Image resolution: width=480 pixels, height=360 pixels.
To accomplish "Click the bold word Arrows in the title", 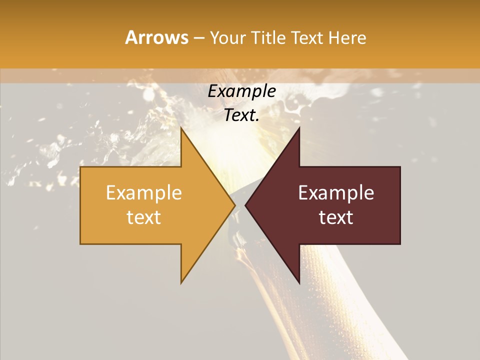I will (x=156, y=37).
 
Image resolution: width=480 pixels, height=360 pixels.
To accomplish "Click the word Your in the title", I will (x=227, y=37).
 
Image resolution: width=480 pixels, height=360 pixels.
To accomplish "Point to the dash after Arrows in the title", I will (x=198, y=38).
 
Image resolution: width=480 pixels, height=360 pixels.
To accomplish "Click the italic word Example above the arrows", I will (x=241, y=91).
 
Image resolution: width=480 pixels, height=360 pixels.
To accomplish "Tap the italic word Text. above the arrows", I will (x=241, y=115).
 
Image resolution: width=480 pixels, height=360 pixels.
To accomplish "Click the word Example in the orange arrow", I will (x=143, y=193).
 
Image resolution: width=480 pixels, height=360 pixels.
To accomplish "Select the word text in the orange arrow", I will (x=143, y=217).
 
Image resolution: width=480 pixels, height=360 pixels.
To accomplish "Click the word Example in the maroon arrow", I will (x=336, y=193).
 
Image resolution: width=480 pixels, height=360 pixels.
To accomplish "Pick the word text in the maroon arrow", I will (x=336, y=217).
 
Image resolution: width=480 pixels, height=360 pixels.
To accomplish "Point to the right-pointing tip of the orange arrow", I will (x=235, y=205).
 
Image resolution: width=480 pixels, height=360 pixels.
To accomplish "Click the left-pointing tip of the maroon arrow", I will (x=245, y=205).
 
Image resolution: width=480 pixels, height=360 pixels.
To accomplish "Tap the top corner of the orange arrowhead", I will (x=181, y=127).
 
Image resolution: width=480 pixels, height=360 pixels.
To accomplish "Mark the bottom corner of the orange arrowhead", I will (x=181, y=283).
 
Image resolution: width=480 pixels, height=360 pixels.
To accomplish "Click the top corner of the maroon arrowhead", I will (x=299, y=127).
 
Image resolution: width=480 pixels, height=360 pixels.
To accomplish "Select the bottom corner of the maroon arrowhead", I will (x=299, y=283).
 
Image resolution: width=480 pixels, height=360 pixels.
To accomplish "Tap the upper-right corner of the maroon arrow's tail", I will (x=400, y=167).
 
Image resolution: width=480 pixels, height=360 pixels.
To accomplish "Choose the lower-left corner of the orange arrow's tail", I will (x=80, y=244).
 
